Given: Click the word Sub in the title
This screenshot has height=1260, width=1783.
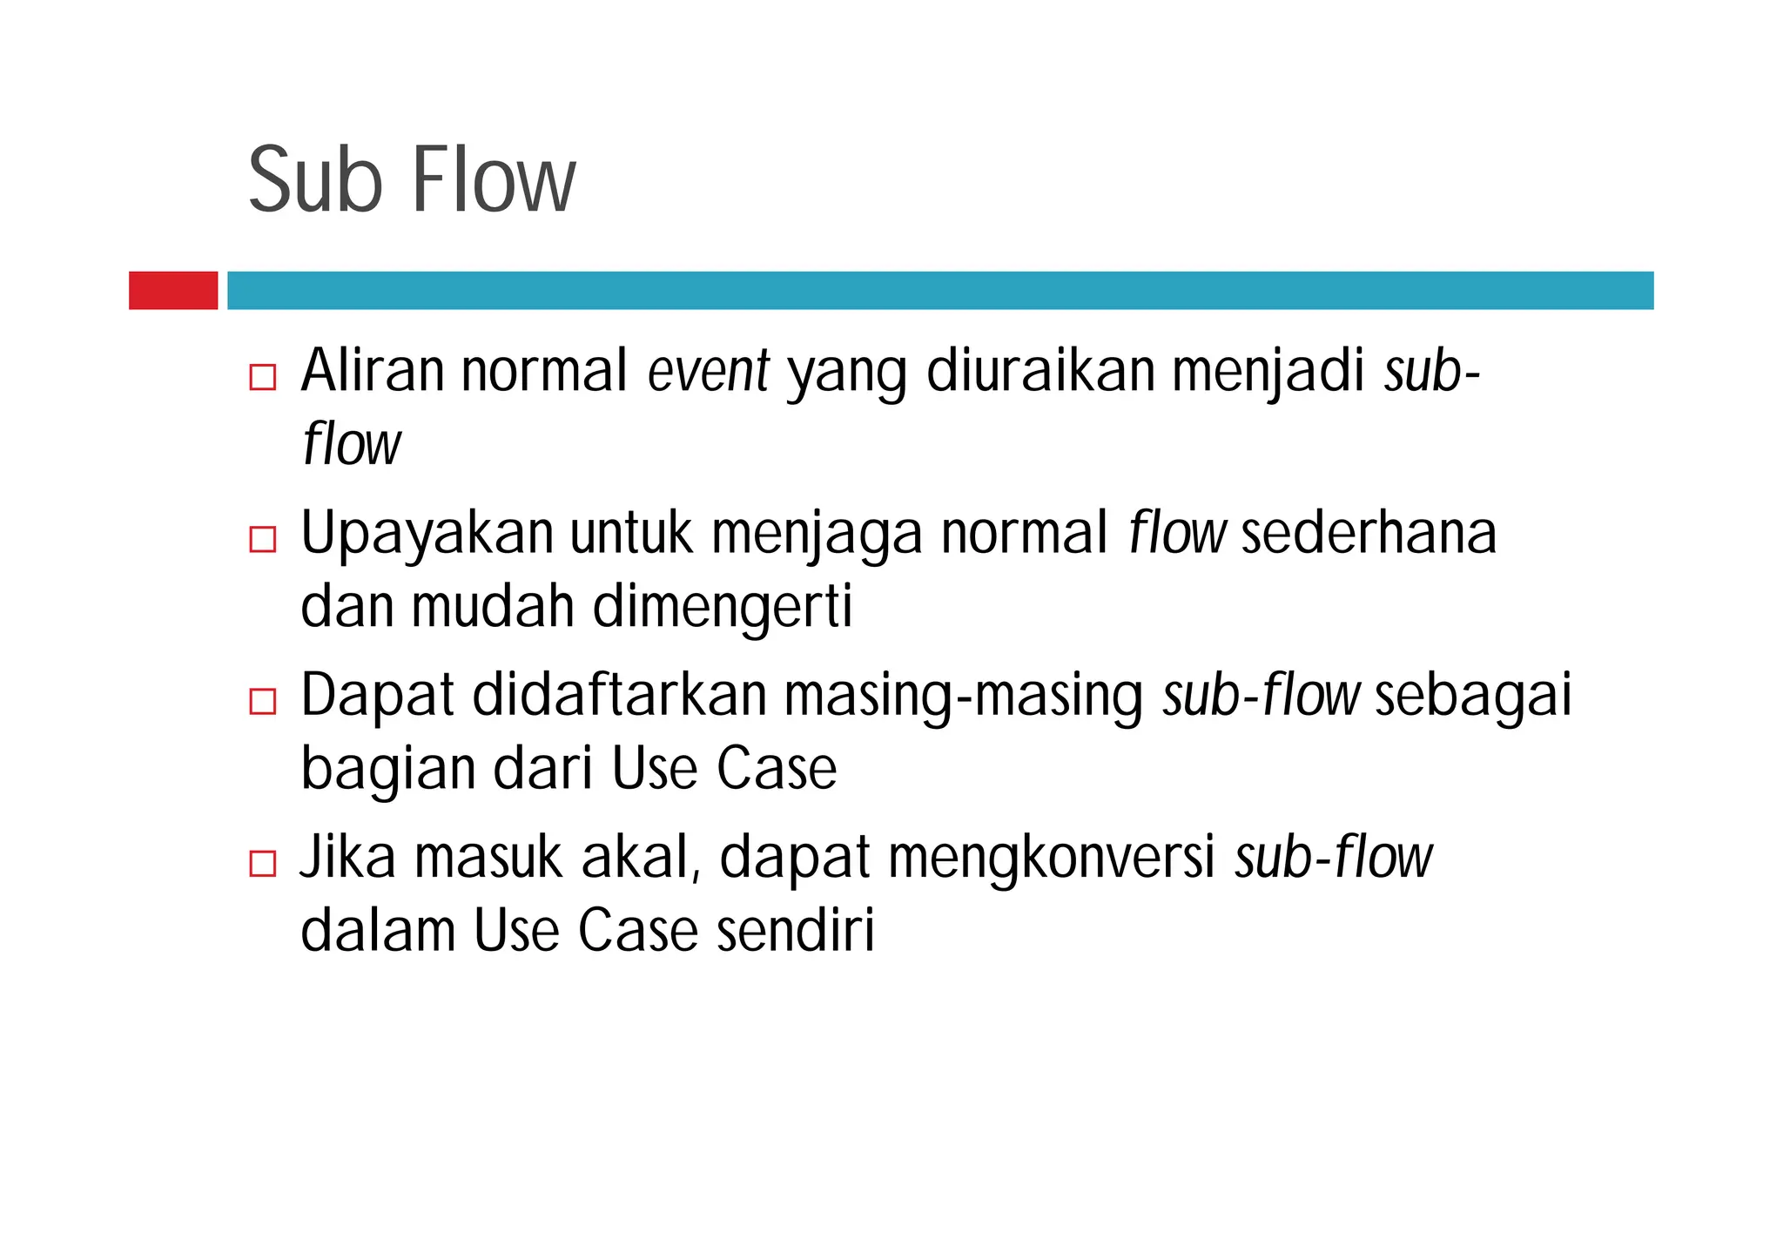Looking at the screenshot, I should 314,181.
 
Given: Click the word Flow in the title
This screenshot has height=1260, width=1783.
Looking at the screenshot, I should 493,181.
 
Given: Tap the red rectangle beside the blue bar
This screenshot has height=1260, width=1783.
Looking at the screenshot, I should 173,290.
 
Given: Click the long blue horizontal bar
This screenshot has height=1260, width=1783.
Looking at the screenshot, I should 940,290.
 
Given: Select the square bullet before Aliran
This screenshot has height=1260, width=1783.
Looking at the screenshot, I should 262,377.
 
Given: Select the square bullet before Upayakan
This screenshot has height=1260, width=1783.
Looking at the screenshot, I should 262,539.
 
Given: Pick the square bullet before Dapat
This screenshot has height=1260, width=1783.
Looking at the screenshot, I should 262,701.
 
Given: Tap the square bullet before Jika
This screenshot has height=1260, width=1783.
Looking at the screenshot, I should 262,863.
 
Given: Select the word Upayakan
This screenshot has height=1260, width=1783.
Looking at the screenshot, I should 427,534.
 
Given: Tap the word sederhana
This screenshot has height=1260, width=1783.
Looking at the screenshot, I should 1368,534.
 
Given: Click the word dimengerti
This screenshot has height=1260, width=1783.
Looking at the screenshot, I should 722,607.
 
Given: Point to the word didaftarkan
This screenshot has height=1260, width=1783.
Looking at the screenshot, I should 618,696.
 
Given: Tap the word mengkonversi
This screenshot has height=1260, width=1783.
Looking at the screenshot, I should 1051,858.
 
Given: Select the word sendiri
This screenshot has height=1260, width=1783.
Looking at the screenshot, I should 795,931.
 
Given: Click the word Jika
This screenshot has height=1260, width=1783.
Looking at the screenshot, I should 347,858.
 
